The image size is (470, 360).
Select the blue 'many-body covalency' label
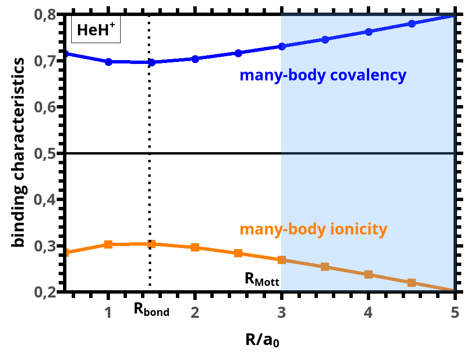[x=322, y=76]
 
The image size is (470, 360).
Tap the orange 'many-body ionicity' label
[x=313, y=229]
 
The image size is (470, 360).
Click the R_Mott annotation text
[x=262, y=279]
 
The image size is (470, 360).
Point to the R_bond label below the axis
[x=152, y=311]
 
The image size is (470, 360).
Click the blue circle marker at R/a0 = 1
[x=109, y=62]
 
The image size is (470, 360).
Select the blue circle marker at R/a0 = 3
[x=282, y=47]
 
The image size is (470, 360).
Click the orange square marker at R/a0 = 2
[x=195, y=247]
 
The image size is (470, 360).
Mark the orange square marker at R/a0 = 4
[x=368, y=274]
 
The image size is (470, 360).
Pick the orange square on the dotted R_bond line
[x=152, y=244]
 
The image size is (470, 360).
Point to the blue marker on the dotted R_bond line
[x=152, y=63]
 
